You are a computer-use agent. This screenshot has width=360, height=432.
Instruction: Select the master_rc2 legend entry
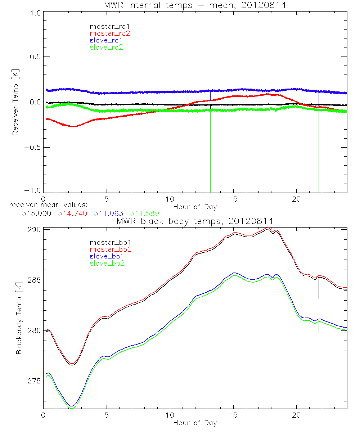pos(109,33)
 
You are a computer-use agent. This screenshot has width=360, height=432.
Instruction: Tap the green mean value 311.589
pos(144,213)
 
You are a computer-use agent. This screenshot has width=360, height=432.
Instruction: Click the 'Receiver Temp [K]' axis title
pos(15,102)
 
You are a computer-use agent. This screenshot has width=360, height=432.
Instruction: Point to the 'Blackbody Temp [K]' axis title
pos(19,319)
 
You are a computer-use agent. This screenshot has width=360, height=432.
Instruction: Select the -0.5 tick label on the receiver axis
pos(33,147)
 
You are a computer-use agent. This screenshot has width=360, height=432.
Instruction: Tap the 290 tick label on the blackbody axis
pos(34,229)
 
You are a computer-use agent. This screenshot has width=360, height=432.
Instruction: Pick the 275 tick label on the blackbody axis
pos(34,381)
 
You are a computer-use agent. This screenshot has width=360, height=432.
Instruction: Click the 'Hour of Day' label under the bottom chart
pos(195,422)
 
